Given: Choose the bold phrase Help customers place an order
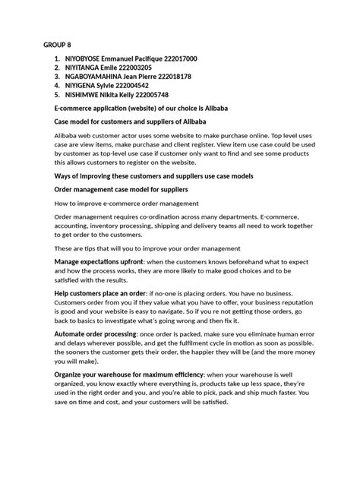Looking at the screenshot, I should click(101, 294).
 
